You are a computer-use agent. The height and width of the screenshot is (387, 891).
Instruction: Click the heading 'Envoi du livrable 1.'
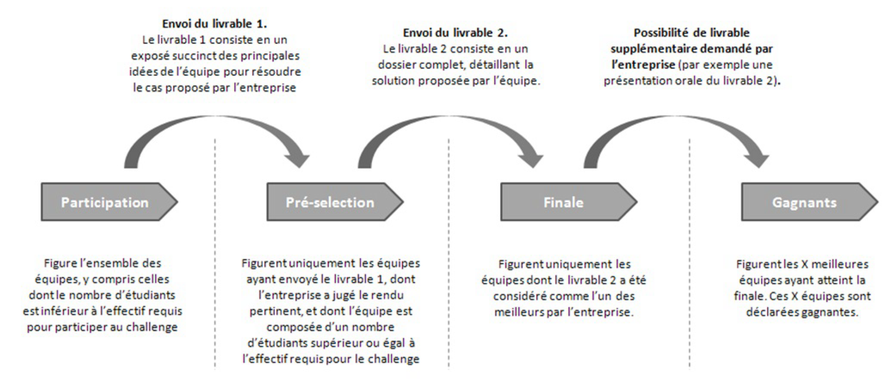pos(214,24)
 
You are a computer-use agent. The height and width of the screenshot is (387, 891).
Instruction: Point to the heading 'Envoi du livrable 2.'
pos(455,33)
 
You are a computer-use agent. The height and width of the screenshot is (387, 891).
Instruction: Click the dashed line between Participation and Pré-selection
pos(215,254)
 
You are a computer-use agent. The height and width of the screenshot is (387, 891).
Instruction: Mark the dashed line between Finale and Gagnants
pos(689,254)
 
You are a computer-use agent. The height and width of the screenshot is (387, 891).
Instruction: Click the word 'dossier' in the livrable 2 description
pos(396,65)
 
